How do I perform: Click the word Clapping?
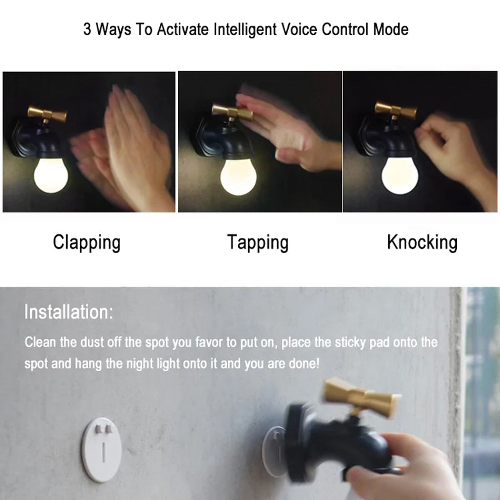[x=87, y=243]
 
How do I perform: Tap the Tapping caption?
[x=257, y=243]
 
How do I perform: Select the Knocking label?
[x=422, y=243]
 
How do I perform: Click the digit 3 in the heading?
[x=87, y=29]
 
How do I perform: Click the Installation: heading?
[x=69, y=312]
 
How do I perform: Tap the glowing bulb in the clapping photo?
[x=51, y=176]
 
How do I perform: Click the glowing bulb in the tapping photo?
[x=238, y=177]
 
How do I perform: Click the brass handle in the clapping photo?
[x=47, y=114]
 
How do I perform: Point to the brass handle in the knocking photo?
[x=396, y=111]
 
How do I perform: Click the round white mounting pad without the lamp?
[x=101, y=449]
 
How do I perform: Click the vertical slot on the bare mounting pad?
[x=104, y=452]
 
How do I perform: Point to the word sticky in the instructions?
[x=350, y=342]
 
